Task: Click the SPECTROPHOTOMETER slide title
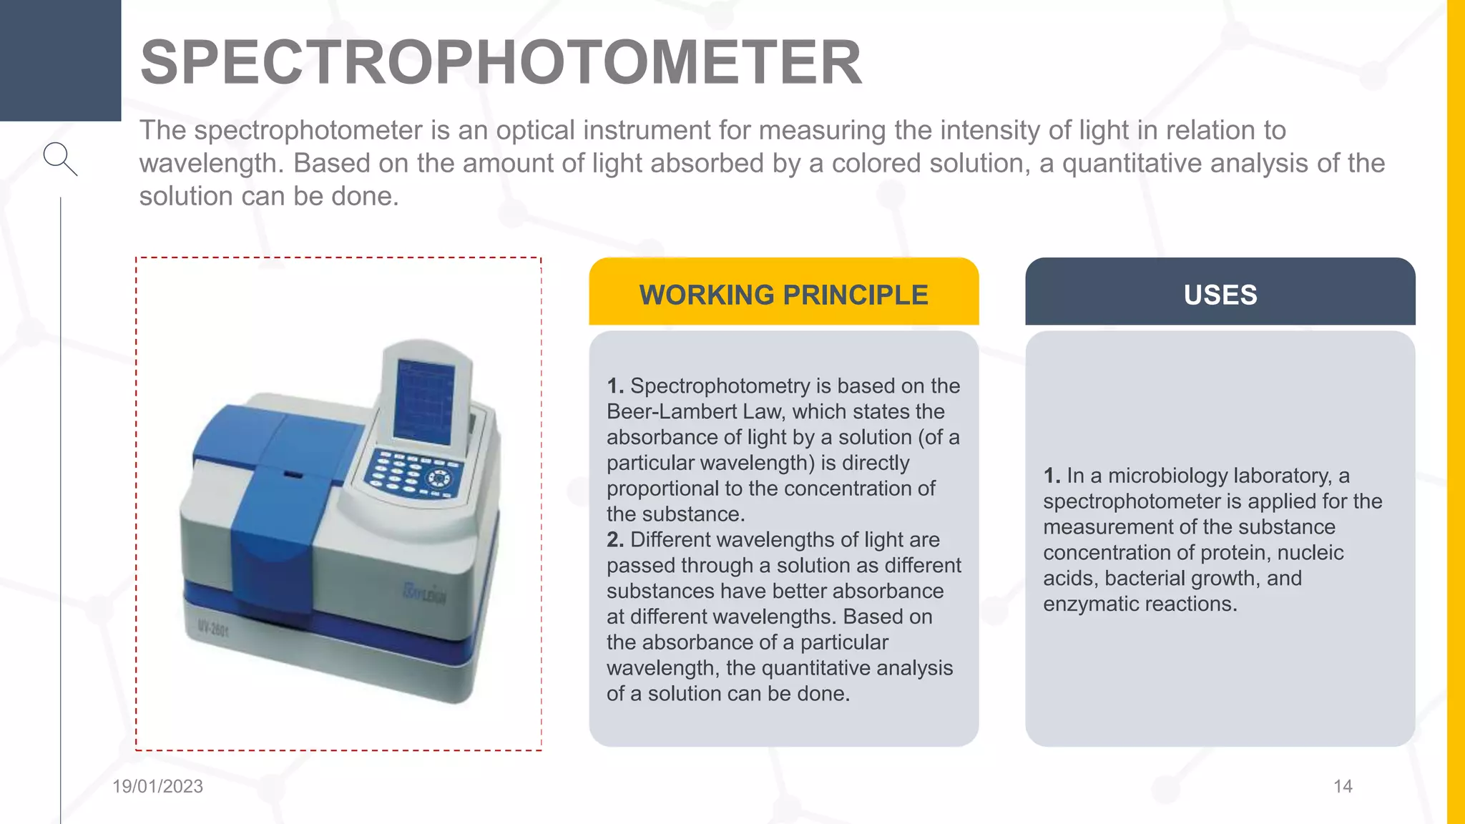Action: coord(501,63)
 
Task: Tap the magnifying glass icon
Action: coord(59,158)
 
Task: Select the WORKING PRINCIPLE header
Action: coord(783,295)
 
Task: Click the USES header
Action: coord(1220,295)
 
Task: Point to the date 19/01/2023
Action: coord(157,786)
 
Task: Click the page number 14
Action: coord(1343,786)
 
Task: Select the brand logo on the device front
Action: coord(425,593)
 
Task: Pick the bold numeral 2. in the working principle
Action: coord(614,540)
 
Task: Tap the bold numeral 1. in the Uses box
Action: coord(1051,476)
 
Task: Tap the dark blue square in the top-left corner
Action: coord(60,60)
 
